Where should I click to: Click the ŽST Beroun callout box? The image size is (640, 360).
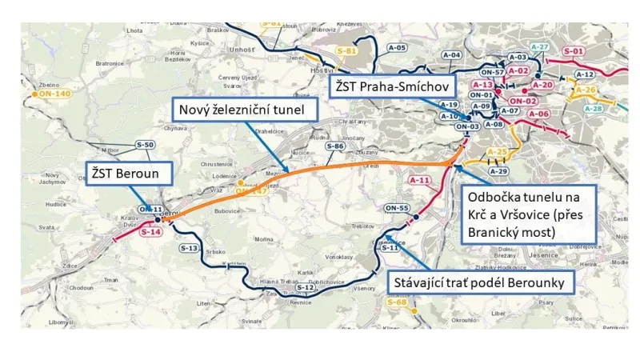click(x=124, y=172)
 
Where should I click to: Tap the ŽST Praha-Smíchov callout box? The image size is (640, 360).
click(x=394, y=86)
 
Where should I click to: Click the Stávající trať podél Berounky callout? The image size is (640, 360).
click(x=480, y=282)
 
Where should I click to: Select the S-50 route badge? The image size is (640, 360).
click(x=145, y=144)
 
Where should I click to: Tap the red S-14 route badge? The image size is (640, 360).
click(x=151, y=233)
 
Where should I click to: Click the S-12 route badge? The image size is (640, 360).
click(x=305, y=287)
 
